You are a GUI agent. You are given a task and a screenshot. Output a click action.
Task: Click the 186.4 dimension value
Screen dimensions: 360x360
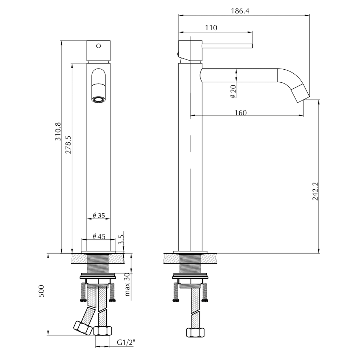[x=240, y=11]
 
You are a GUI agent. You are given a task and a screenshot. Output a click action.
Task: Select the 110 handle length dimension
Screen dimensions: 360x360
[x=211, y=28]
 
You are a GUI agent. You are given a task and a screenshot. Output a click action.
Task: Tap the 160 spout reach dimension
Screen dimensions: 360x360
[x=241, y=113]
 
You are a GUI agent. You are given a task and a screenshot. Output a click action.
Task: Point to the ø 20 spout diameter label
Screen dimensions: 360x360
[x=233, y=91]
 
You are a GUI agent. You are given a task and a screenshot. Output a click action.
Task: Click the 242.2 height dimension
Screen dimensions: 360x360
[x=315, y=191]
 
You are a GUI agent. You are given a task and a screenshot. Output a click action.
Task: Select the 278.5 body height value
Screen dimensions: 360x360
[x=68, y=145]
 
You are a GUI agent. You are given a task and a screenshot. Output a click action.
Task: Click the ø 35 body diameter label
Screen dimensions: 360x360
[x=99, y=216]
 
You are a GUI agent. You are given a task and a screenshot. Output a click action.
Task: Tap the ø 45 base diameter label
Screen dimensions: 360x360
[x=99, y=236]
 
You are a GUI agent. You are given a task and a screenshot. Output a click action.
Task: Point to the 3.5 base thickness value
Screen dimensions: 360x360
[x=121, y=240]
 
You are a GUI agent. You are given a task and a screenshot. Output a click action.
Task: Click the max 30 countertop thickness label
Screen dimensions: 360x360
[x=127, y=285]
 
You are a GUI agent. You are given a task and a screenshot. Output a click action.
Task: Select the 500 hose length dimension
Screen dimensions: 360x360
[x=42, y=291]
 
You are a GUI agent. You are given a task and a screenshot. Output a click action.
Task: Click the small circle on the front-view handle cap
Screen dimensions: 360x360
[x=99, y=46]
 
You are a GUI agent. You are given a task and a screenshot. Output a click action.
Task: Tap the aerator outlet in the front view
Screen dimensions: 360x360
[x=98, y=100]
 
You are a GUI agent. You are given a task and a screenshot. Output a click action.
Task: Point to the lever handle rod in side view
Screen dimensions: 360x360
[x=227, y=45]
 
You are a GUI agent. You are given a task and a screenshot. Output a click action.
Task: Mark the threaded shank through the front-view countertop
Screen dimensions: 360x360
[x=99, y=262]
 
